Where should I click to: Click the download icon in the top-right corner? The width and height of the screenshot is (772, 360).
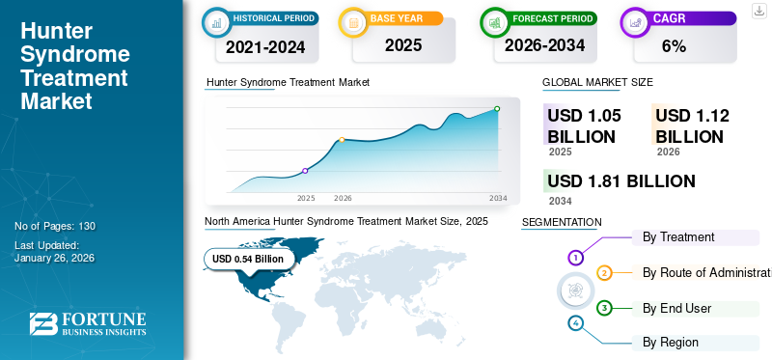(758, 10)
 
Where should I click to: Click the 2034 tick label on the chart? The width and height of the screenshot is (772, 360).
(498, 198)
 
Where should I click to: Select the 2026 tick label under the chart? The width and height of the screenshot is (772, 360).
(343, 198)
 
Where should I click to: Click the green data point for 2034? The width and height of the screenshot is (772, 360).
(497, 109)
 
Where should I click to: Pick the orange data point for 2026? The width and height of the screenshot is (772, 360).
(342, 140)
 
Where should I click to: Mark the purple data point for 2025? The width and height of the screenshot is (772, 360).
(305, 171)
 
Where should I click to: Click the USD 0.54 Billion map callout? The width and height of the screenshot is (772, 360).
(248, 259)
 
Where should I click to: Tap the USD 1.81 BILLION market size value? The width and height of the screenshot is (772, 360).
(621, 181)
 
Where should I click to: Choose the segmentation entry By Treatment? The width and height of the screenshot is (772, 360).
(678, 236)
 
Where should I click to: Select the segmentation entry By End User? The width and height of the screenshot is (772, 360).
(676, 308)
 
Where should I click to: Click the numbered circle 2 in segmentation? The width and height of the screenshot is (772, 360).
(604, 273)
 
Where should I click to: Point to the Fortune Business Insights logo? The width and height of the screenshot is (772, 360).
(87, 324)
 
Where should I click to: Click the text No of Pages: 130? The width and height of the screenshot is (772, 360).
(55, 226)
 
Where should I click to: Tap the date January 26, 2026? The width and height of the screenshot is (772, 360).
(54, 258)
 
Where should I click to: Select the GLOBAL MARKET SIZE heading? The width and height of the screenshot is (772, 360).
(597, 83)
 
